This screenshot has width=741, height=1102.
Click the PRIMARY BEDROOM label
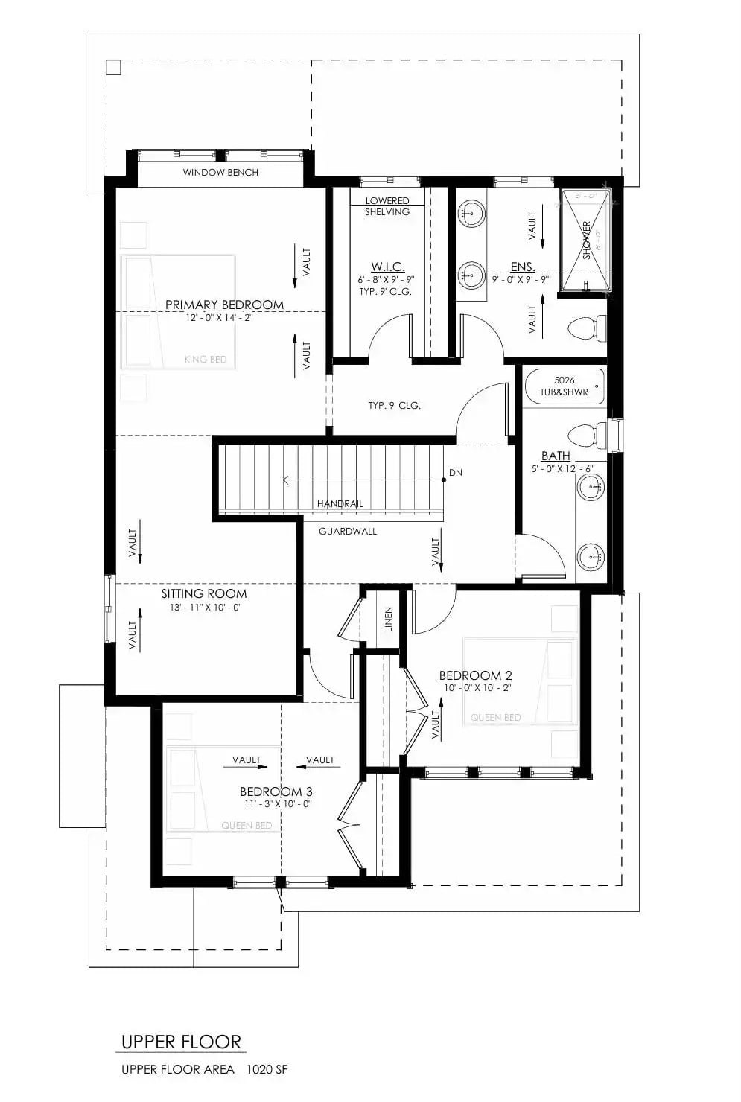[224, 305]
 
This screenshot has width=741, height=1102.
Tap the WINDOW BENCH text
[220, 172]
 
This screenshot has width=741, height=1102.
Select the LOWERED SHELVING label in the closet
[387, 206]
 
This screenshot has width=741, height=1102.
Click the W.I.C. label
[387, 267]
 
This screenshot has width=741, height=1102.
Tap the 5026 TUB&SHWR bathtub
[564, 386]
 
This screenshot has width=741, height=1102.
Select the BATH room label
[556, 456]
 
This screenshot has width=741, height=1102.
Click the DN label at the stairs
[455, 473]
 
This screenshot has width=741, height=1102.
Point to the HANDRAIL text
[340, 504]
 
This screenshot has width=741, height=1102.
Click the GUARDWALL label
[348, 531]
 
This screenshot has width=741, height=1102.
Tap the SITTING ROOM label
[203, 593]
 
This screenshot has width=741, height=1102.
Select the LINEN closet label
[388, 620]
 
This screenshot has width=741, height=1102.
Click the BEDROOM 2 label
[475, 675]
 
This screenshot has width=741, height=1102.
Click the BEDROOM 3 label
[276, 792]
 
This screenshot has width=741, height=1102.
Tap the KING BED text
[206, 360]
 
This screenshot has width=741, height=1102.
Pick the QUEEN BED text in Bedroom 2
[495, 718]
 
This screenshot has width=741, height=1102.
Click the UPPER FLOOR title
[181, 1041]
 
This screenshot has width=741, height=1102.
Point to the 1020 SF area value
[269, 1070]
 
